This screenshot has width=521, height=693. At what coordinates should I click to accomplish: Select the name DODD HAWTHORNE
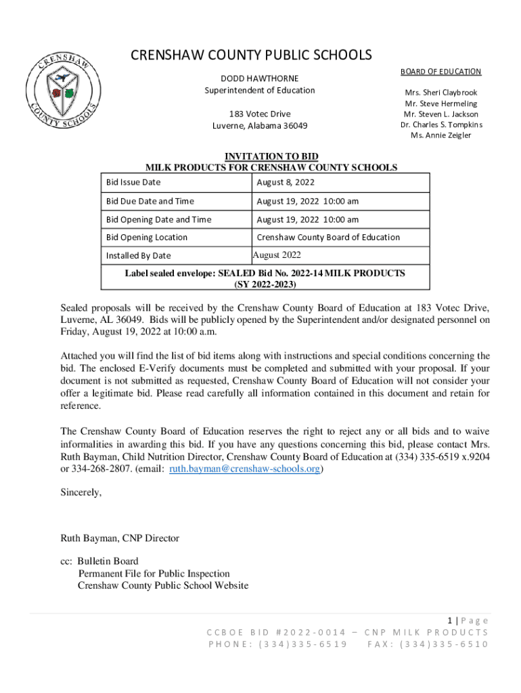(x=260, y=79)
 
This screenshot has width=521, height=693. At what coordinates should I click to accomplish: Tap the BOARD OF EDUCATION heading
(x=440, y=72)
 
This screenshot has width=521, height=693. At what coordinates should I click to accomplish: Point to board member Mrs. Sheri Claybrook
(x=440, y=92)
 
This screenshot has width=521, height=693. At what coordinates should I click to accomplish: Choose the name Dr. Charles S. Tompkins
(x=441, y=125)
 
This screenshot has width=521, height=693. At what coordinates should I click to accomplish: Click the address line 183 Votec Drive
(x=260, y=114)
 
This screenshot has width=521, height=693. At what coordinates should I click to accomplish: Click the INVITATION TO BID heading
(x=271, y=157)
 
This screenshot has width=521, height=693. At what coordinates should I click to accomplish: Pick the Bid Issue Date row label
(x=133, y=183)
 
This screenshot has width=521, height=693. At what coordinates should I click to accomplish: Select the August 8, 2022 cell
(x=286, y=183)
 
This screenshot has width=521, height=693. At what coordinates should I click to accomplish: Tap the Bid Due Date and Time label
(x=150, y=201)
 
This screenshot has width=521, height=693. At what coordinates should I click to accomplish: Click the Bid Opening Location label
(x=147, y=238)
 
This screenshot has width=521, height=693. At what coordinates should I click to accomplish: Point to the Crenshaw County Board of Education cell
(x=328, y=238)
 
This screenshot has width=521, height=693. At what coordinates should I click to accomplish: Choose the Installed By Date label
(x=138, y=256)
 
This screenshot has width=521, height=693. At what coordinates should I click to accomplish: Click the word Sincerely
(x=81, y=493)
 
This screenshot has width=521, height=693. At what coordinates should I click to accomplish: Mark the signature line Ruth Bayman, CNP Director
(x=120, y=539)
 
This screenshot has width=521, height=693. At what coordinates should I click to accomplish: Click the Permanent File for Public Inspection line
(x=154, y=573)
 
